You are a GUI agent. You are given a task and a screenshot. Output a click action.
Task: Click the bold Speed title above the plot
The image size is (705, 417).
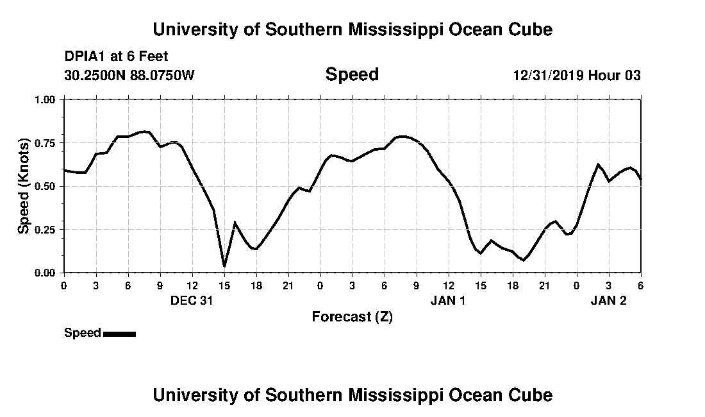352,74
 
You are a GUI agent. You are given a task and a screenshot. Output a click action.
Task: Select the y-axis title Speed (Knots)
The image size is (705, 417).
24,186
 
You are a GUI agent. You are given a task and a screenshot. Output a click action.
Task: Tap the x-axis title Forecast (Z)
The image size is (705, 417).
352,317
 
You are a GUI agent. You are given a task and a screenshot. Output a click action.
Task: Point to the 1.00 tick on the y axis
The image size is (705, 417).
46,99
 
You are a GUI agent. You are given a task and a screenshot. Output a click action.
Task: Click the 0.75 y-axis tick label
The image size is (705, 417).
46,143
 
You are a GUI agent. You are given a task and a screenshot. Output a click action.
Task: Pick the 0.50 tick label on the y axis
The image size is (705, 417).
46,186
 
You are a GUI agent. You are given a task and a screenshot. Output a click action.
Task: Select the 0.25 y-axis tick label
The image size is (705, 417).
46,230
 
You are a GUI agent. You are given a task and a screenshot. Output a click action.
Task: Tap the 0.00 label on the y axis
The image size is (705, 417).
46,273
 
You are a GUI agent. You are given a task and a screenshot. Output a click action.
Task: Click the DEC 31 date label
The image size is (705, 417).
192,300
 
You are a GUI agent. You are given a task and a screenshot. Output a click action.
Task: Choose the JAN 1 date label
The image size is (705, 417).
448,300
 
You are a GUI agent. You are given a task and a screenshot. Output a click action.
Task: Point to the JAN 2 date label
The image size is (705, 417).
608,300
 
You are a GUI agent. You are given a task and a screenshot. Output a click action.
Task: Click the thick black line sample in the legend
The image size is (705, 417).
119,334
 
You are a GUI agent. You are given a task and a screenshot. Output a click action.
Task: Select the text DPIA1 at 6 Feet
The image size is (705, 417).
116,57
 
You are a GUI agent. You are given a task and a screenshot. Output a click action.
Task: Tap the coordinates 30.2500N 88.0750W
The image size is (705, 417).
129,76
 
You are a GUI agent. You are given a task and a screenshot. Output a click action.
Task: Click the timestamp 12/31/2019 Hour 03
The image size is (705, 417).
576,76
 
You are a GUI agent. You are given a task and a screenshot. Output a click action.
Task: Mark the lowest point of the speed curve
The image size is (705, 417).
224,266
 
